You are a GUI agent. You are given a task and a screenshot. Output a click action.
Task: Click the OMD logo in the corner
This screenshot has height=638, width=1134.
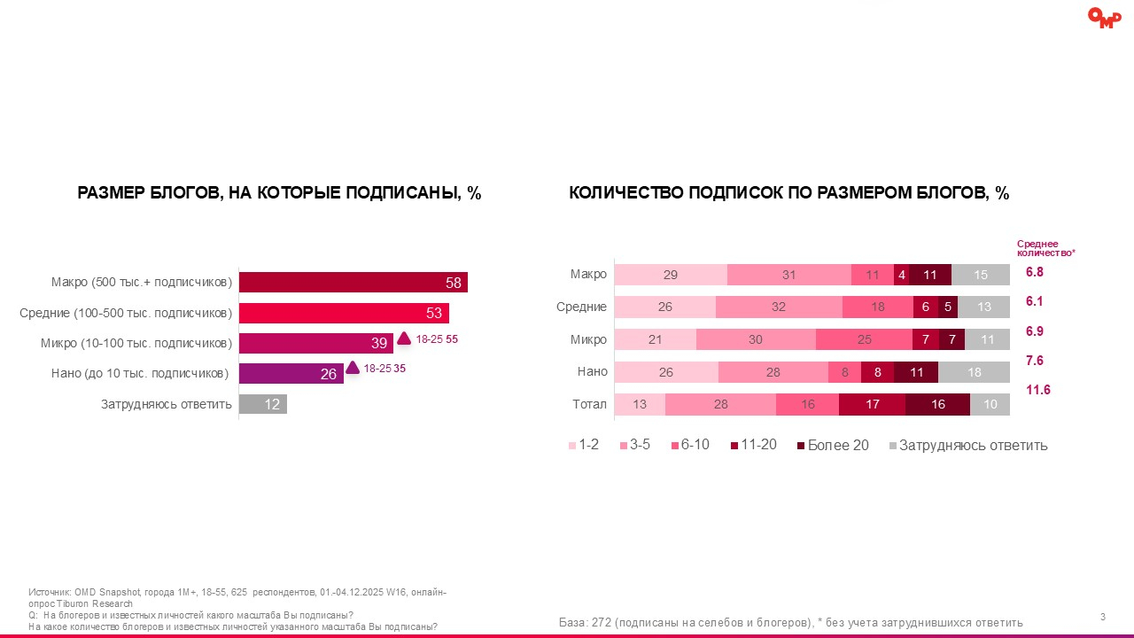(x=1104, y=18)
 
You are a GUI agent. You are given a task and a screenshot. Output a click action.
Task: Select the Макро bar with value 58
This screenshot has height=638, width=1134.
(x=353, y=282)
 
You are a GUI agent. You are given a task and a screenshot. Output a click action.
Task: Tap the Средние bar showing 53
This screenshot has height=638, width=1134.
(x=344, y=313)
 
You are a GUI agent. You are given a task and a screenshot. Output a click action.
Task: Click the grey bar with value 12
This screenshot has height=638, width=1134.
(x=262, y=404)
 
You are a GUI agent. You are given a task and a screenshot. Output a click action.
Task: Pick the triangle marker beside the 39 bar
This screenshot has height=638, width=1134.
(x=404, y=338)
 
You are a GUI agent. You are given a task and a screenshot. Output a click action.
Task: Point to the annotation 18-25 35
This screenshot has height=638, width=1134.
(x=384, y=369)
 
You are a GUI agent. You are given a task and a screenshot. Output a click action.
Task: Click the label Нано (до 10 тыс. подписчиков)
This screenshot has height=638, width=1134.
(x=140, y=373)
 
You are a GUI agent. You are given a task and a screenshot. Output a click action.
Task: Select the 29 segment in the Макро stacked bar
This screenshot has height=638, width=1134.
(x=671, y=275)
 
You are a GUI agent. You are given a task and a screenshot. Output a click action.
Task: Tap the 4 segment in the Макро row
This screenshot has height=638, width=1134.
(x=902, y=275)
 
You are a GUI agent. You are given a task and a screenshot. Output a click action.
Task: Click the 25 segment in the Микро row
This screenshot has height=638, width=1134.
(x=864, y=339)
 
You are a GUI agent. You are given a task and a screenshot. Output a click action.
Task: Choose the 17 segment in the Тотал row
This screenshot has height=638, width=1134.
(x=872, y=404)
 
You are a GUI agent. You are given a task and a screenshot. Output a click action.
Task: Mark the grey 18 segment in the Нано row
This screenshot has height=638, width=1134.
(x=974, y=372)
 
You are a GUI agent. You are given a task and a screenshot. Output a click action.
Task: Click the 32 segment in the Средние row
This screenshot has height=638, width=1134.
(x=779, y=307)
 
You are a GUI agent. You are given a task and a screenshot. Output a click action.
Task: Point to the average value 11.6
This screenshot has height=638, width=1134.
(x=1037, y=390)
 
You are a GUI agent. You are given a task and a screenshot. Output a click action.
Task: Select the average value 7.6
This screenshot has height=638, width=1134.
(x=1036, y=360)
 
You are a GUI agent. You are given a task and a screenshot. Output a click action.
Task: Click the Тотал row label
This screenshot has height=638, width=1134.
(x=589, y=404)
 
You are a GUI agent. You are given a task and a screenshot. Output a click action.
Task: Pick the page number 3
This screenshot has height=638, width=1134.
(x=1102, y=617)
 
